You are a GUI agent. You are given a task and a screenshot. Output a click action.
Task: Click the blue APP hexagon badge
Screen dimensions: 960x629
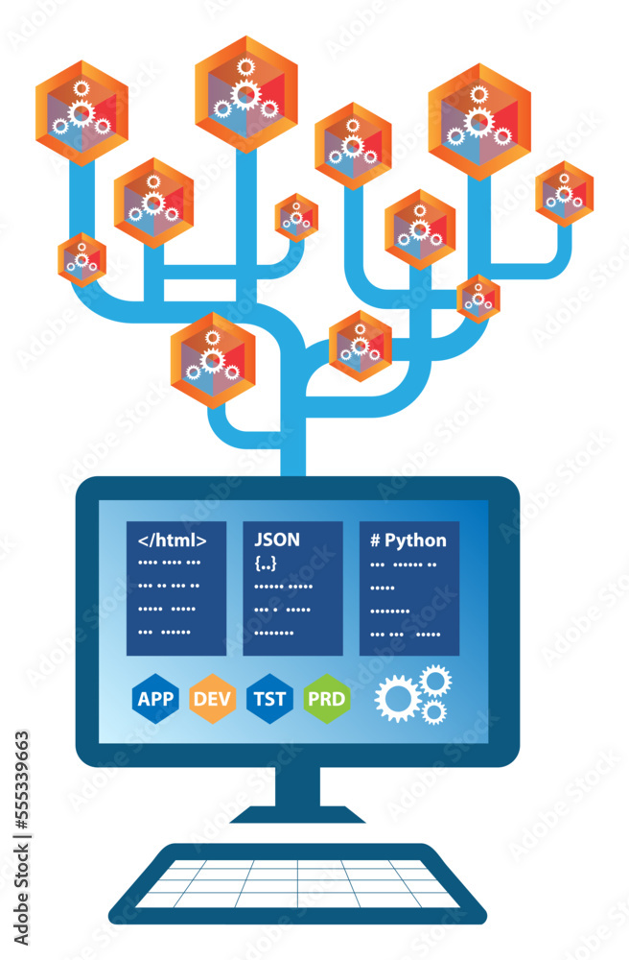click(155, 698)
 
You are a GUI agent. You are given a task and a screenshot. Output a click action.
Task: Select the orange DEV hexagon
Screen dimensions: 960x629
click(213, 698)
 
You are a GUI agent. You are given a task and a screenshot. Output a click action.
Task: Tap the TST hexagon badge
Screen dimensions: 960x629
click(270, 698)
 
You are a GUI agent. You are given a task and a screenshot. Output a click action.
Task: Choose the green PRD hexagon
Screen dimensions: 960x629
click(328, 698)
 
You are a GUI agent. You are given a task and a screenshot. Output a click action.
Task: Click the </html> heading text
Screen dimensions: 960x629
click(173, 540)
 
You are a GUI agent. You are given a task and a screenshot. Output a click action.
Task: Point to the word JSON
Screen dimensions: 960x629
click(277, 540)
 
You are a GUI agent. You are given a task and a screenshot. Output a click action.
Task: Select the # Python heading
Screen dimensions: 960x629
click(408, 540)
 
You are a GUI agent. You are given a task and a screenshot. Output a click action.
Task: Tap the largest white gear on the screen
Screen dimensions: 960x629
click(397, 698)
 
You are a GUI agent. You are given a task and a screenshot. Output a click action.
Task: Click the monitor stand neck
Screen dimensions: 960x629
click(297, 787)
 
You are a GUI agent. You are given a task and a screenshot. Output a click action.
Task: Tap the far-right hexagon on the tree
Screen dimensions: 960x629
click(565, 193)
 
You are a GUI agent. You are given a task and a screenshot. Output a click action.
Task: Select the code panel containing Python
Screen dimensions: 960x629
click(409, 588)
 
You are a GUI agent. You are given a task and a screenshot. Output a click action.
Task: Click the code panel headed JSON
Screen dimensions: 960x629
click(292, 588)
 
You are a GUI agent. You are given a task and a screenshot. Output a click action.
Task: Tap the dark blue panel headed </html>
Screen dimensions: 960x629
click(176, 588)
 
